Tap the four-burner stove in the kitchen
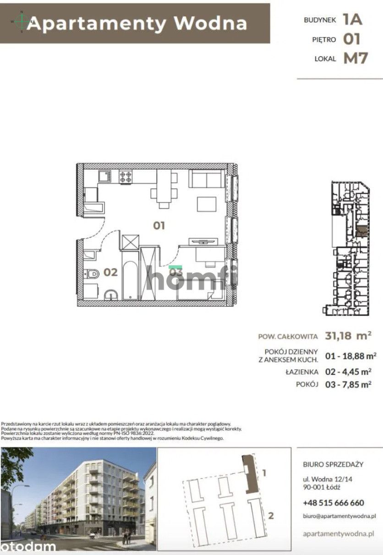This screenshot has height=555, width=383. coord(126,176)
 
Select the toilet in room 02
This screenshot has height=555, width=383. coord(93,274)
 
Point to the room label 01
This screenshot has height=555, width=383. coord(159,225)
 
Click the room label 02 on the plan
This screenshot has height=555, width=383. coord(110,272)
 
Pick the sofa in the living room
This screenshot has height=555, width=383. coord(207,179)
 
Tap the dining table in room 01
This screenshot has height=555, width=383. coord(164,186)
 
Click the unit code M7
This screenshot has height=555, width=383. coord(355,58)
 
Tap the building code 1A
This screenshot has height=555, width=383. coord(353,19)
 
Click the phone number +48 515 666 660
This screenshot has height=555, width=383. coord(334,503)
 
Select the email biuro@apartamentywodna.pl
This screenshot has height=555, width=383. coord(339,516)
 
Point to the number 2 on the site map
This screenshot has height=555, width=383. coord(271,516)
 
